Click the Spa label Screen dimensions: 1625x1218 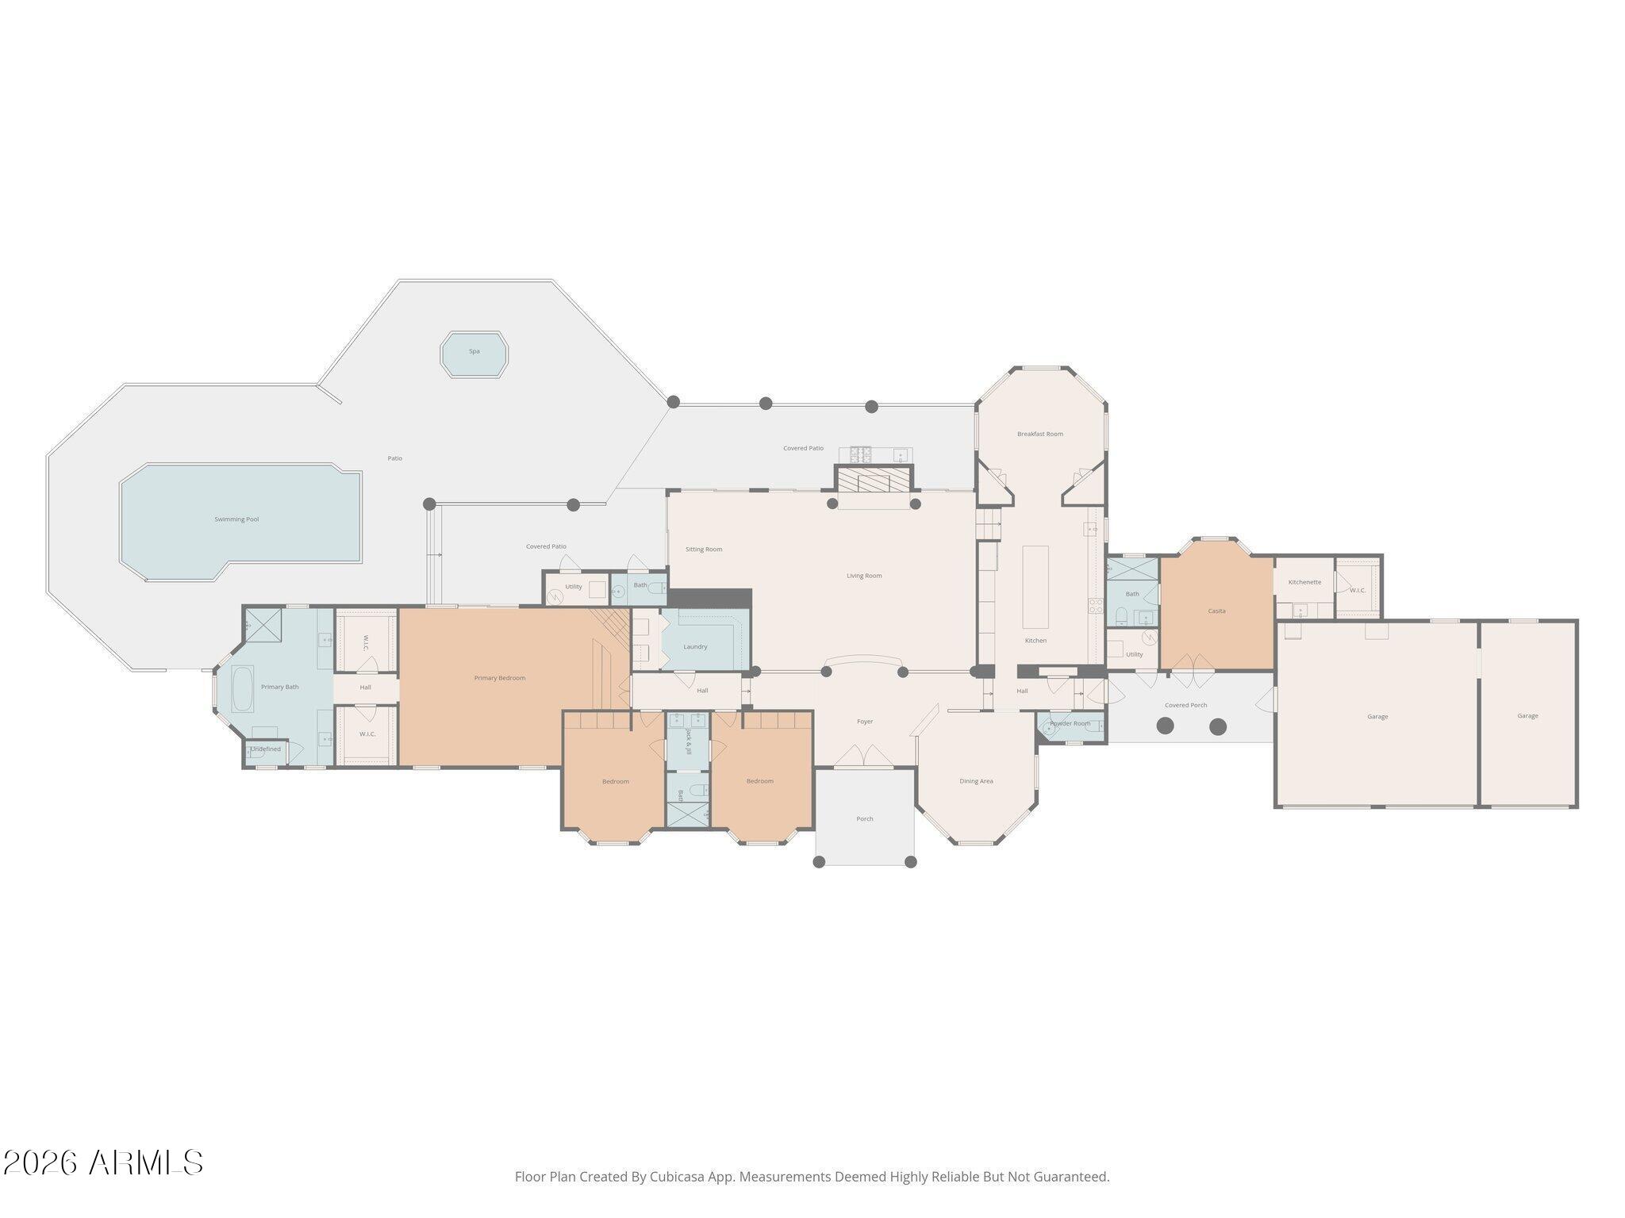tap(474, 351)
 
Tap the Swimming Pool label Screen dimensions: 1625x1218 tap(236, 519)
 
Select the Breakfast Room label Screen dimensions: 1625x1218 tap(1040, 434)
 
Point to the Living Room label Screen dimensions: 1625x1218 tap(864, 576)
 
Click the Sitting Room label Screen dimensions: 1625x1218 tap(704, 550)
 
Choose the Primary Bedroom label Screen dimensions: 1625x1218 tap(500, 678)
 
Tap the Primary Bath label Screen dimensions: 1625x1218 tap(280, 687)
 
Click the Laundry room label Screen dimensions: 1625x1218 tap(695, 647)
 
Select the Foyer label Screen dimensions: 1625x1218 tap(865, 722)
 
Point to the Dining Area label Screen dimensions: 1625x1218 tap(976, 781)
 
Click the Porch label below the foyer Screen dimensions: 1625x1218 tap(865, 819)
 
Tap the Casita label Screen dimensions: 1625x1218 tap(1216, 611)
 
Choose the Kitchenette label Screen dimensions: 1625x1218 tap(1304, 582)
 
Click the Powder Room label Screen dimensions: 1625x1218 tap(1070, 723)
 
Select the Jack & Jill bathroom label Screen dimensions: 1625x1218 tap(689, 741)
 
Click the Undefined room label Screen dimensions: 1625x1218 tap(266, 749)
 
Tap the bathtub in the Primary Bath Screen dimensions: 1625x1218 tap(242, 688)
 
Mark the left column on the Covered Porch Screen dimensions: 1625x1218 tap(1165, 726)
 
